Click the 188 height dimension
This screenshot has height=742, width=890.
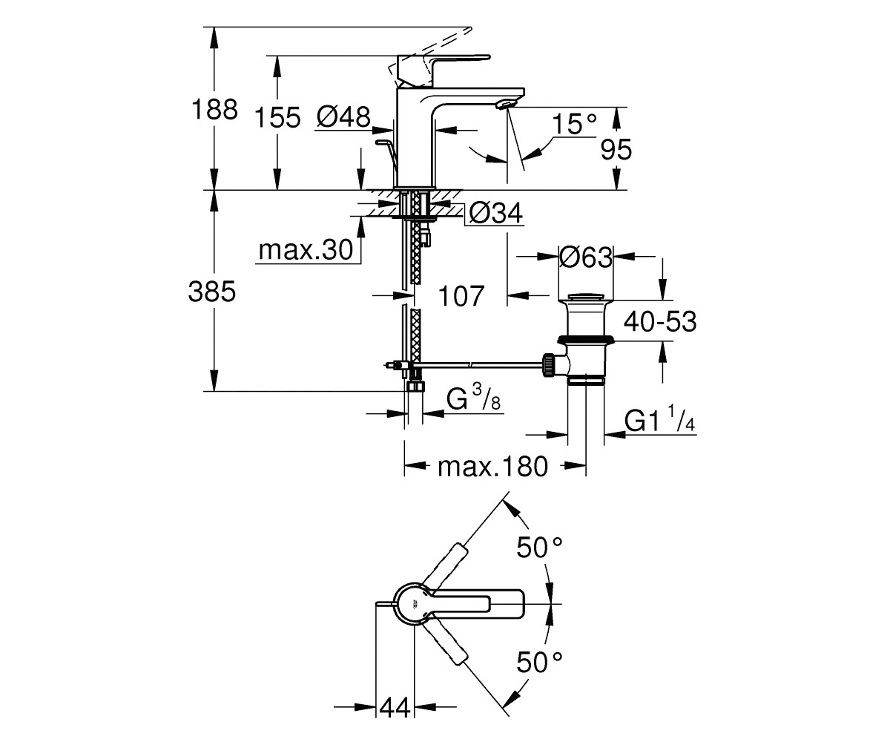click(x=214, y=109)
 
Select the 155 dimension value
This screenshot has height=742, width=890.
click(x=277, y=117)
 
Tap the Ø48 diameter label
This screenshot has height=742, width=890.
click(x=344, y=116)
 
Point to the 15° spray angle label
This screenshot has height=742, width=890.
click(x=575, y=124)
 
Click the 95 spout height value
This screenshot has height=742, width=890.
click(x=616, y=150)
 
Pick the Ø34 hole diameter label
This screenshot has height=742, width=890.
click(x=495, y=213)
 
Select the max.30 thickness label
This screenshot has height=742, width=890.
click(x=306, y=250)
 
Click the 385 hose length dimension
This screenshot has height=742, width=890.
click(x=212, y=292)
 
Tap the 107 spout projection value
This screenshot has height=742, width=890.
click(x=461, y=296)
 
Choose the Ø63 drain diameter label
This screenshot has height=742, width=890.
click(x=586, y=257)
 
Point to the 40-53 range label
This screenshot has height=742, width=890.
click(x=660, y=321)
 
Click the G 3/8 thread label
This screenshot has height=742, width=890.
click(x=474, y=398)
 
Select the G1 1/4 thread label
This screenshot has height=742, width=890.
click(x=660, y=420)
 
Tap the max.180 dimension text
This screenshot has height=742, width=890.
click(x=492, y=467)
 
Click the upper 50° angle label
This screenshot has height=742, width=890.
click(x=540, y=548)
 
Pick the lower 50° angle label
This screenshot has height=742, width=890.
click(x=540, y=663)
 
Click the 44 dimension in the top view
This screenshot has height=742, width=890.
click(x=395, y=707)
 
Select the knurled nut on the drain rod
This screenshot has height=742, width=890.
click(x=548, y=364)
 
